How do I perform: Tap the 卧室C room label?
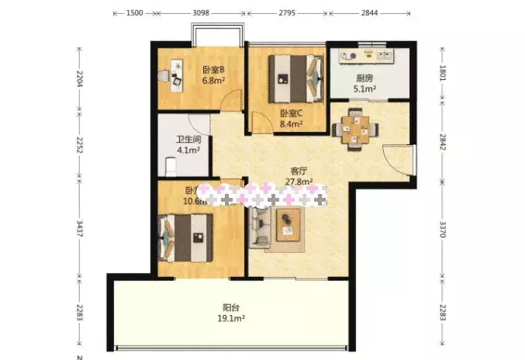[291, 112]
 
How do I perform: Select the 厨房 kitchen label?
[364, 78]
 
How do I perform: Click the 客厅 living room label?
[300, 172]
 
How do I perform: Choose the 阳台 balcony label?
[230, 306]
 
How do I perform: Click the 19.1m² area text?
[230, 317]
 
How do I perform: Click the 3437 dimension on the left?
[80, 231]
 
